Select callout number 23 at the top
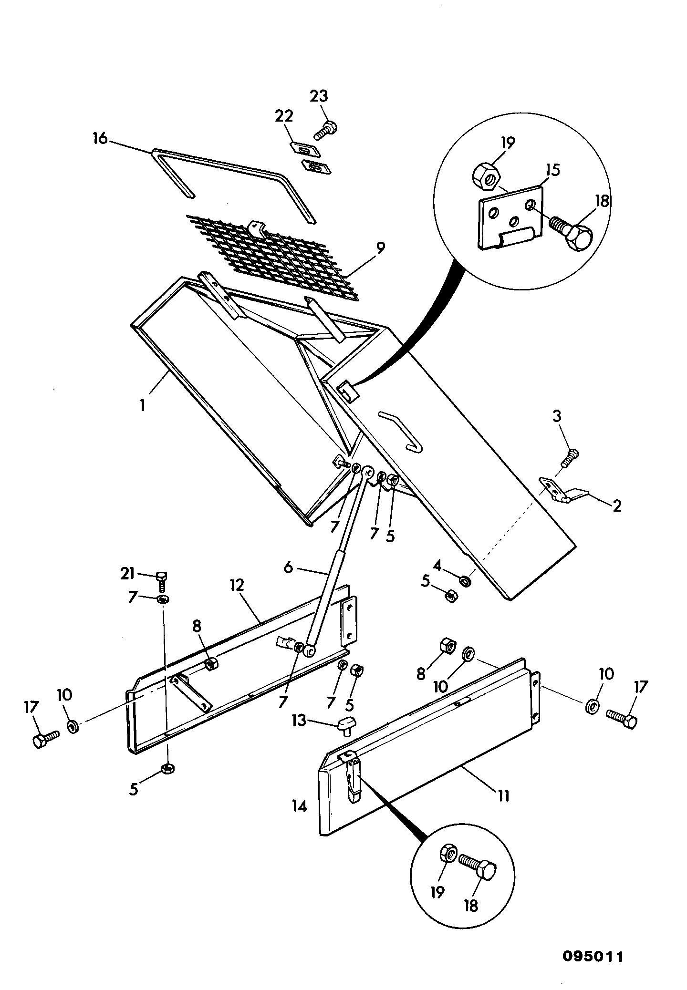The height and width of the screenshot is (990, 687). (x=319, y=96)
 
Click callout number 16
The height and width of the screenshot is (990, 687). (x=100, y=140)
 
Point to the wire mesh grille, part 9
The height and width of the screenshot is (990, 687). (x=272, y=258)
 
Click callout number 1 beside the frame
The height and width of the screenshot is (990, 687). (x=142, y=406)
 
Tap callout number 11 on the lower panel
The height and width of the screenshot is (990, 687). (x=503, y=796)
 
